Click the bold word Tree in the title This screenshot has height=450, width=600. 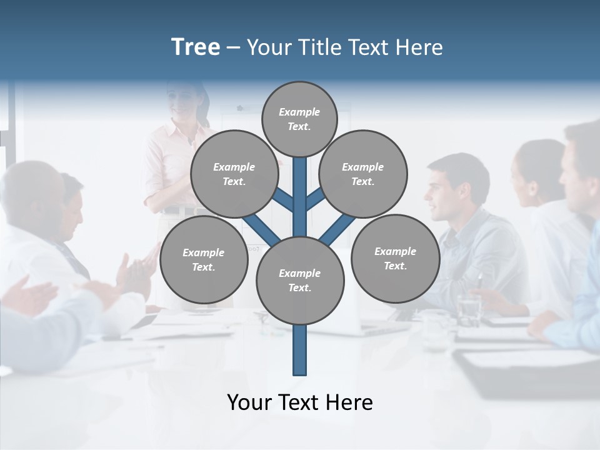[196, 47]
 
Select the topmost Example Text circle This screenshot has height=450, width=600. [299, 119]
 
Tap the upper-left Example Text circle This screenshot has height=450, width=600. [234, 174]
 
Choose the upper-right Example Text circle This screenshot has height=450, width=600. [363, 174]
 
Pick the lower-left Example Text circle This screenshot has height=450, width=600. [204, 260]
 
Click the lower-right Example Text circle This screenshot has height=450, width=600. [395, 258]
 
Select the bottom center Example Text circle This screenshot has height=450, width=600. [300, 281]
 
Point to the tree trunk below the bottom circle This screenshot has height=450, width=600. [300, 350]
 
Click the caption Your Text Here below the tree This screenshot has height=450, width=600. [300, 402]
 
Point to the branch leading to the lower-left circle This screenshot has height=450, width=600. [261, 230]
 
